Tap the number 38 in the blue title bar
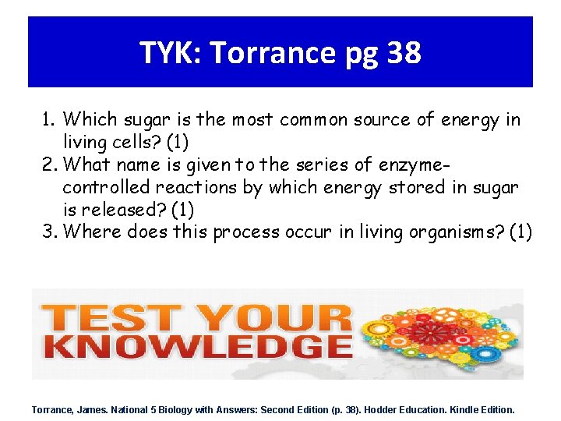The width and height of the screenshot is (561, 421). [x=404, y=53]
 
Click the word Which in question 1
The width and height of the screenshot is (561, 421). [x=88, y=119]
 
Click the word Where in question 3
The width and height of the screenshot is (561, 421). [x=91, y=232]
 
